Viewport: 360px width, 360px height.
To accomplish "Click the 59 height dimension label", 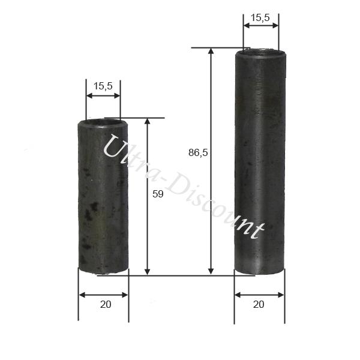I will coord(158,194).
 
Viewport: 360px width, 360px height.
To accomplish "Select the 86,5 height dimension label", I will coord(198,153).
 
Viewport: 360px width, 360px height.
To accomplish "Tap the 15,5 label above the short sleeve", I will coord(103,86).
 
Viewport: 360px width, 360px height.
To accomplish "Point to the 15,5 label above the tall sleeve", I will coord(260,18).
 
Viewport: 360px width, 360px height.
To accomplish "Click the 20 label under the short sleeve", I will coord(106,304).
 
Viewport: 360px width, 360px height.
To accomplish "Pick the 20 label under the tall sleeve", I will coord(259,304).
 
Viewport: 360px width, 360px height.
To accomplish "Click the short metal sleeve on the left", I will coord(103,198).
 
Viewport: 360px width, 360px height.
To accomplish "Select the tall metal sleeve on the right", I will coord(260,162).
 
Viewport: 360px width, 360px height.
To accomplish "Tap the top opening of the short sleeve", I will coord(103,123).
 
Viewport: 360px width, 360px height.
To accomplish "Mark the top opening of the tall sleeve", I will coord(260,52).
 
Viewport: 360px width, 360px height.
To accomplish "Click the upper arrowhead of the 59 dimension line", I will coord(148,121).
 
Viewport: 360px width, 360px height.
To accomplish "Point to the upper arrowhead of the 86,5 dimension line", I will coord(211,52).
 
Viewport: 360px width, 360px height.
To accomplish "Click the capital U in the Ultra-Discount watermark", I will coord(114,148).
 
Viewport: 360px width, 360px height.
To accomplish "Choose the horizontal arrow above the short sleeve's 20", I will coord(103,295).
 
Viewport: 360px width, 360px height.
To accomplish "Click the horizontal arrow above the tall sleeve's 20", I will coord(259,295).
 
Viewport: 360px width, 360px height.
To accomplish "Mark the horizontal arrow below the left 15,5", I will coord(103,95).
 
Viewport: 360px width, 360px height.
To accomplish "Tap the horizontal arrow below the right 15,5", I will coord(261,26).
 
